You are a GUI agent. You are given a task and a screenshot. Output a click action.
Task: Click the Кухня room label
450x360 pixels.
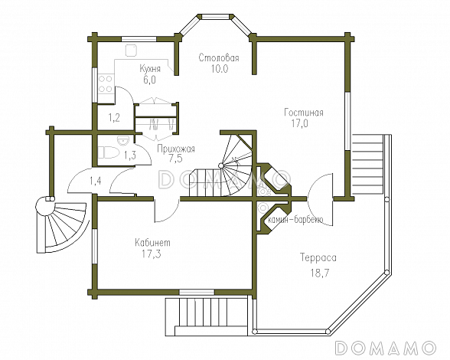[x=150, y=69]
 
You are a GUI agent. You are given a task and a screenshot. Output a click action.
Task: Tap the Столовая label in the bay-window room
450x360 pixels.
[x=219, y=57]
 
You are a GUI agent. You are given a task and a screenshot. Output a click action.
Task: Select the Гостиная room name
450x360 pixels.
[x=304, y=113]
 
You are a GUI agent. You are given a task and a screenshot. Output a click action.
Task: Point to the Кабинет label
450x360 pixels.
[x=153, y=243]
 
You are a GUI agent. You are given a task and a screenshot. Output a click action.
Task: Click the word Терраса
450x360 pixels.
[x=318, y=257]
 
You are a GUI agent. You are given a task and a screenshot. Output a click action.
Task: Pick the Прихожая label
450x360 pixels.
[x=176, y=149]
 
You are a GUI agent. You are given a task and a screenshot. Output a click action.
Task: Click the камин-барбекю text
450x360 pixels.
[x=295, y=220]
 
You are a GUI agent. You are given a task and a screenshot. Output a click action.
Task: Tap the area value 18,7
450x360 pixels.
[x=319, y=273]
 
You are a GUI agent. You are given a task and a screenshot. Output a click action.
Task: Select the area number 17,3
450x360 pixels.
[x=152, y=254]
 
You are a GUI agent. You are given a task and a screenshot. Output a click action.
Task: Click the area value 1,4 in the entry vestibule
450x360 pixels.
[x=95, y=182]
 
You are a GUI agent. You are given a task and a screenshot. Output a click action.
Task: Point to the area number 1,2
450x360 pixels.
[x=114, y=117]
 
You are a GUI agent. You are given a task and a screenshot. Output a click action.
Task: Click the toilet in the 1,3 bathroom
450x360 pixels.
[x=109, y=152]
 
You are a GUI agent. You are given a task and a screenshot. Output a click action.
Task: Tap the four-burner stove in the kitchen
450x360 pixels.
[x=106, y=84]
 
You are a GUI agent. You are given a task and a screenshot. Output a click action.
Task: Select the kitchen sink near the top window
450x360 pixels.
[x=131, y=51]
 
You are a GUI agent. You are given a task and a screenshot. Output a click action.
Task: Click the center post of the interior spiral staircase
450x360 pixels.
[x=221, y=165]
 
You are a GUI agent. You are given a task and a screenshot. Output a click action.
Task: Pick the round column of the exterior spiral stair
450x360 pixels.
[x=44, y=206]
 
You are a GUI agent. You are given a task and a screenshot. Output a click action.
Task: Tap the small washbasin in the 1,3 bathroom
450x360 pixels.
[x=124, y=140]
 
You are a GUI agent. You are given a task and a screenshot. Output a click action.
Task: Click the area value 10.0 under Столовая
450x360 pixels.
[x=219, y=69]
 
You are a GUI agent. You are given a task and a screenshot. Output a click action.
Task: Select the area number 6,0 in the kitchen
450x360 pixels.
[x=149, y=80]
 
